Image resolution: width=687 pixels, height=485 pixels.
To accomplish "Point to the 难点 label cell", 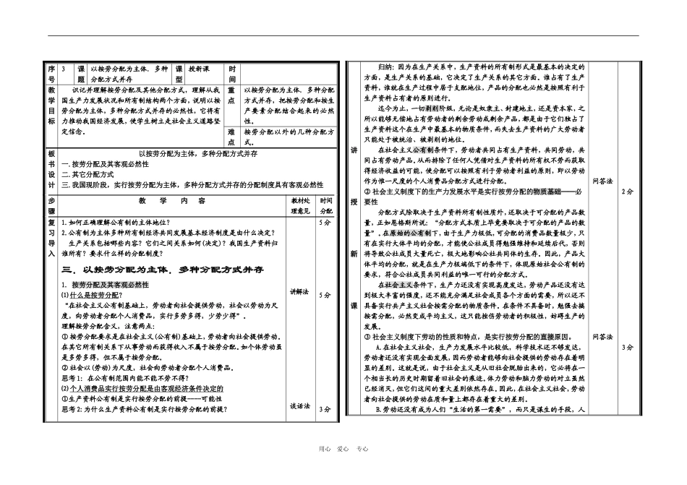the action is tap(231, 137).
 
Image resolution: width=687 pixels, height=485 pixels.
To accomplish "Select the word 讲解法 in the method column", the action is tap(299, 293).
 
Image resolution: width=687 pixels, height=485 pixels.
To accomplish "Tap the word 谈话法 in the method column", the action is tap(299, 407).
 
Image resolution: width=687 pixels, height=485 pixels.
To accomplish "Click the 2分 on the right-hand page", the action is tap(627, 192).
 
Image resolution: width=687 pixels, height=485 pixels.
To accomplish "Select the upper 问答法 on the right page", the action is tap(602, 181).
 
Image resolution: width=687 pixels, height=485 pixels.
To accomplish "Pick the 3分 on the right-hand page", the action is tap(627, 348).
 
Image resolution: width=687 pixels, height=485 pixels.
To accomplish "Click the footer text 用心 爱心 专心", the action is tap(343, 449).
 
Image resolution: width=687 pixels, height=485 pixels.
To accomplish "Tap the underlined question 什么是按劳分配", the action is tap(92, 295).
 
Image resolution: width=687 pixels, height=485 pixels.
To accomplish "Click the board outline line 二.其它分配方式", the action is tap(90, 174).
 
